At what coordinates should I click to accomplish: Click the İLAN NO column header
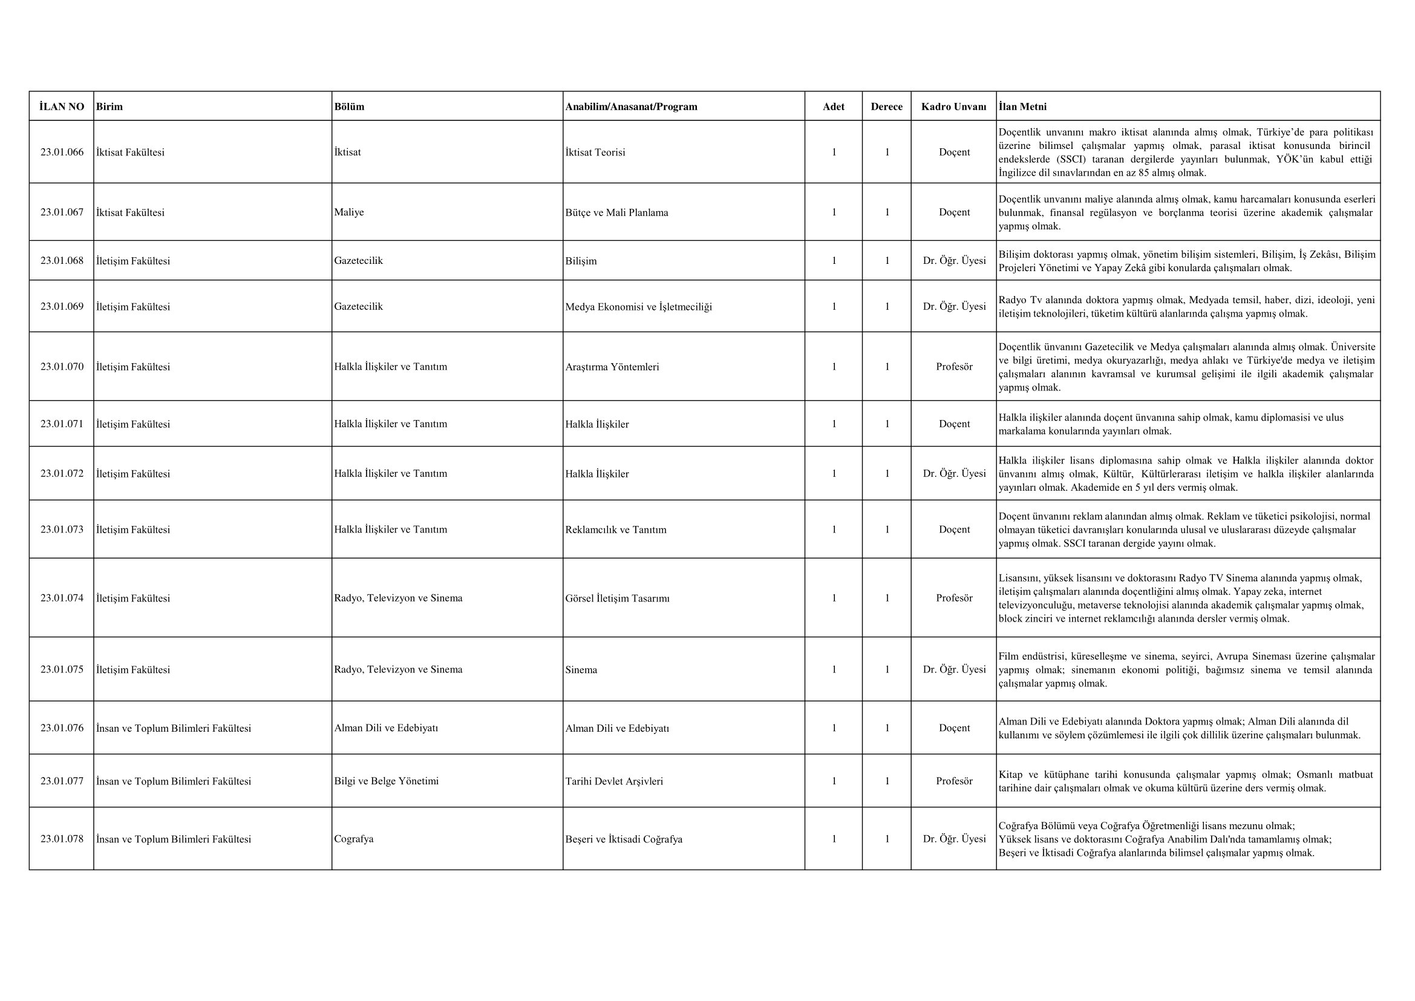click(62, 107)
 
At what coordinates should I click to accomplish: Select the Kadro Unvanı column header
click(953, 107)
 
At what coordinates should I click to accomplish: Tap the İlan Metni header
click(1022, 107)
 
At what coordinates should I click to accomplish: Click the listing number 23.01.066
click(62, 153)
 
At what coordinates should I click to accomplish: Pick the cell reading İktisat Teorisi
click(595, 153)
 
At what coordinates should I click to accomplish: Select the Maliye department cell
click(349, 212)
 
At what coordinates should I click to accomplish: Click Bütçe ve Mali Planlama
click(616, 212)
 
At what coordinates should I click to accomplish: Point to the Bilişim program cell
click(581, 261)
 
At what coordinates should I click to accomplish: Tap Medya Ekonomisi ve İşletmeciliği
click(638, 306)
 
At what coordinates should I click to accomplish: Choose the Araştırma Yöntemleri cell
click(612, 367)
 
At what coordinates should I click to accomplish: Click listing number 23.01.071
click(62, 424)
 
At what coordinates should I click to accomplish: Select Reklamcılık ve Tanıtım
click(616, 530)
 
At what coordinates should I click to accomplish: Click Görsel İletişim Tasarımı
click(617, 598)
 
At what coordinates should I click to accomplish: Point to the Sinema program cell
click(581, 669)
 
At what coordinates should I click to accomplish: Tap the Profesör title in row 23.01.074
click(954, 598)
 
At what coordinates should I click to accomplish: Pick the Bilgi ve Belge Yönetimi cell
click(387, 781)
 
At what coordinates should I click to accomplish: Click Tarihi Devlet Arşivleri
click(614, 781)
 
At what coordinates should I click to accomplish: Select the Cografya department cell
click(354, 839)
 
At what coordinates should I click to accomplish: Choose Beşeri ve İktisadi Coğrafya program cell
click(624, 839)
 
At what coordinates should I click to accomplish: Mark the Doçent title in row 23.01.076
click(954, 728)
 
